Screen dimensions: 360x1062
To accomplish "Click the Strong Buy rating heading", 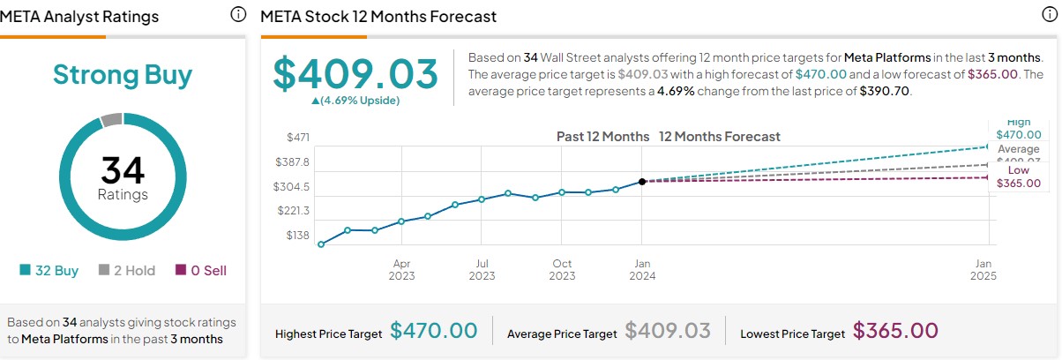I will click(123, 75).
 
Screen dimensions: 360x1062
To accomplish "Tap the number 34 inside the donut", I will click(123, 170).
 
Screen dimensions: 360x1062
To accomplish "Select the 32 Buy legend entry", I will click(49, 271).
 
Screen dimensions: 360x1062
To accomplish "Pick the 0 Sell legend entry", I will click(201, 271).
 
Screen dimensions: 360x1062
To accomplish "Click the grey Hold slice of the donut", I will click(111, 120).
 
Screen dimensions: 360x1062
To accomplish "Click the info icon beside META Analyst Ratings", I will click(237, 15).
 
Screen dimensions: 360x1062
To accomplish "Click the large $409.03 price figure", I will click(355, 74).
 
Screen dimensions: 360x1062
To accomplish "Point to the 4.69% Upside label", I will click(355, 101).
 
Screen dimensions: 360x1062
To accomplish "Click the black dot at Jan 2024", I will click(642, 181).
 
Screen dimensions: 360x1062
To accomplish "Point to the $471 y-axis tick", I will click(298, 138).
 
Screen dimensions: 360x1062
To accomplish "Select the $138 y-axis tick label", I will click(298, 236).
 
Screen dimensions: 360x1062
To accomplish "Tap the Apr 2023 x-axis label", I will click(402, 270).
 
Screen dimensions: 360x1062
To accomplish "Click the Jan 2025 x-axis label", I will click(984, 270).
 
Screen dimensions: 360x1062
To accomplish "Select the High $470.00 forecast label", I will click(1018, 129).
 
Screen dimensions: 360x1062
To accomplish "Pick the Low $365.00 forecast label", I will click(1018, 176).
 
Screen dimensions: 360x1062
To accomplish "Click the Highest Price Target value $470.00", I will click(434, 332).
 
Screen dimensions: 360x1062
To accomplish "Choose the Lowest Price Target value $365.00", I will click(895, 332).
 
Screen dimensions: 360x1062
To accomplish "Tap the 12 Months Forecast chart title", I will click(719, 137).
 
